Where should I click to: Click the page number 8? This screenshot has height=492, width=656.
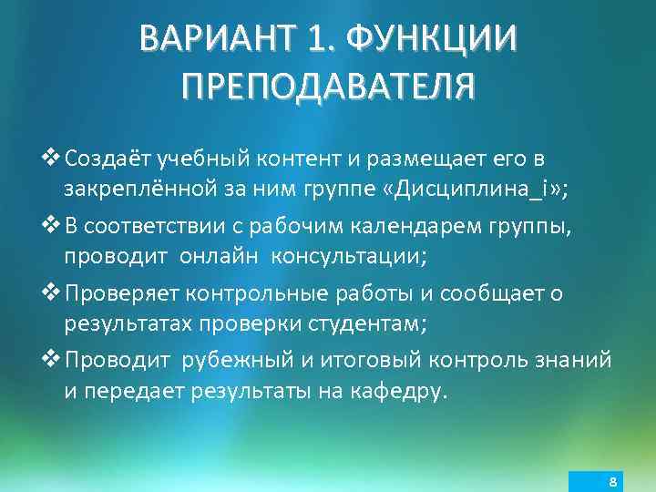point(613,481)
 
